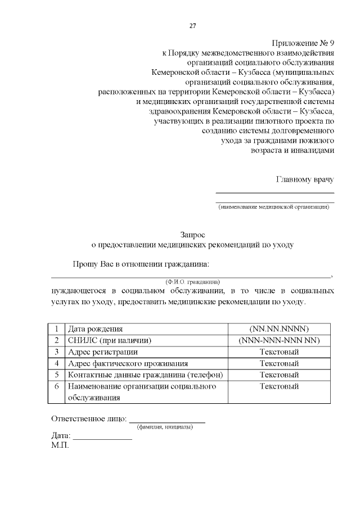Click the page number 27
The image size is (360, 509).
click(x=192, y=26)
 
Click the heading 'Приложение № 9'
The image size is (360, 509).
click(x=303, y=43)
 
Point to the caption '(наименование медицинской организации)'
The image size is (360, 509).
click(x=274, y=207)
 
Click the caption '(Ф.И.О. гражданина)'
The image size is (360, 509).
click(x=192, y=281)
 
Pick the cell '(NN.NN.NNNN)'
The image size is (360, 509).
click(x=279, y=329)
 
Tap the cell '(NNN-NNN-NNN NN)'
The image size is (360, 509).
click(x=279, y=340)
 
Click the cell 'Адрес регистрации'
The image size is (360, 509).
click(x=102, y=352)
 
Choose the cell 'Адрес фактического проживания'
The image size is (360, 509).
click(x=128, y=363)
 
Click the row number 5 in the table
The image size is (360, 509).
click(x=56, y=375)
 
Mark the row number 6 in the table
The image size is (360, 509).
click(x=56, y=386)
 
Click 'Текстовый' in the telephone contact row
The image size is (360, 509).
click(x=279, y=375)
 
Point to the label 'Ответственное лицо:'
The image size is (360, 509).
click(x=89, y=418)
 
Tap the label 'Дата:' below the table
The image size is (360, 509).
click(x=61, y=436)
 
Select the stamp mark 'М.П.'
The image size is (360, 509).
click(x=60, y=445)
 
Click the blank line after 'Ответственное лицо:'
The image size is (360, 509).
click(x=167, y=421)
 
